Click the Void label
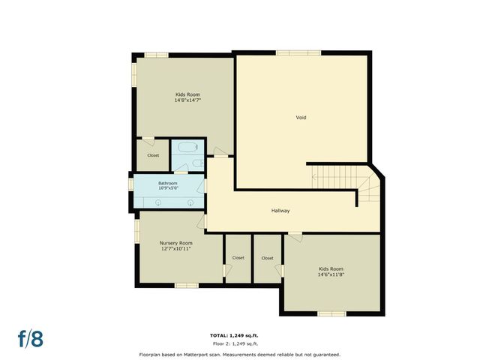[x=301, y=117]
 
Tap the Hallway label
[x=280, y=211]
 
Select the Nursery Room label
[x=175, y=243]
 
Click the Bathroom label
[x=167, y=184]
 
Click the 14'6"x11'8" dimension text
[x=331, y=274]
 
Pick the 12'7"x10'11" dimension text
[x=175, y=249]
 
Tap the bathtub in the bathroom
[x=187, y=148]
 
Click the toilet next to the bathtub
[x=196, y=163]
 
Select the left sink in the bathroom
[x=158, y=202]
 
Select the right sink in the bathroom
[x=190, y=202]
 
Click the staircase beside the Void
[x=341, y=179]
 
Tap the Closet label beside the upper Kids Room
[x=153, y=155]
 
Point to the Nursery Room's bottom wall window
[x=186, y=285]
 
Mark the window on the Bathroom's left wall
[x=131, y=184]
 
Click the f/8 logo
[x=30, y=337]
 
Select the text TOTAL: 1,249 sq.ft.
[x=233, y=335]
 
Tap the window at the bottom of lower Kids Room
[x=331, y=313]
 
